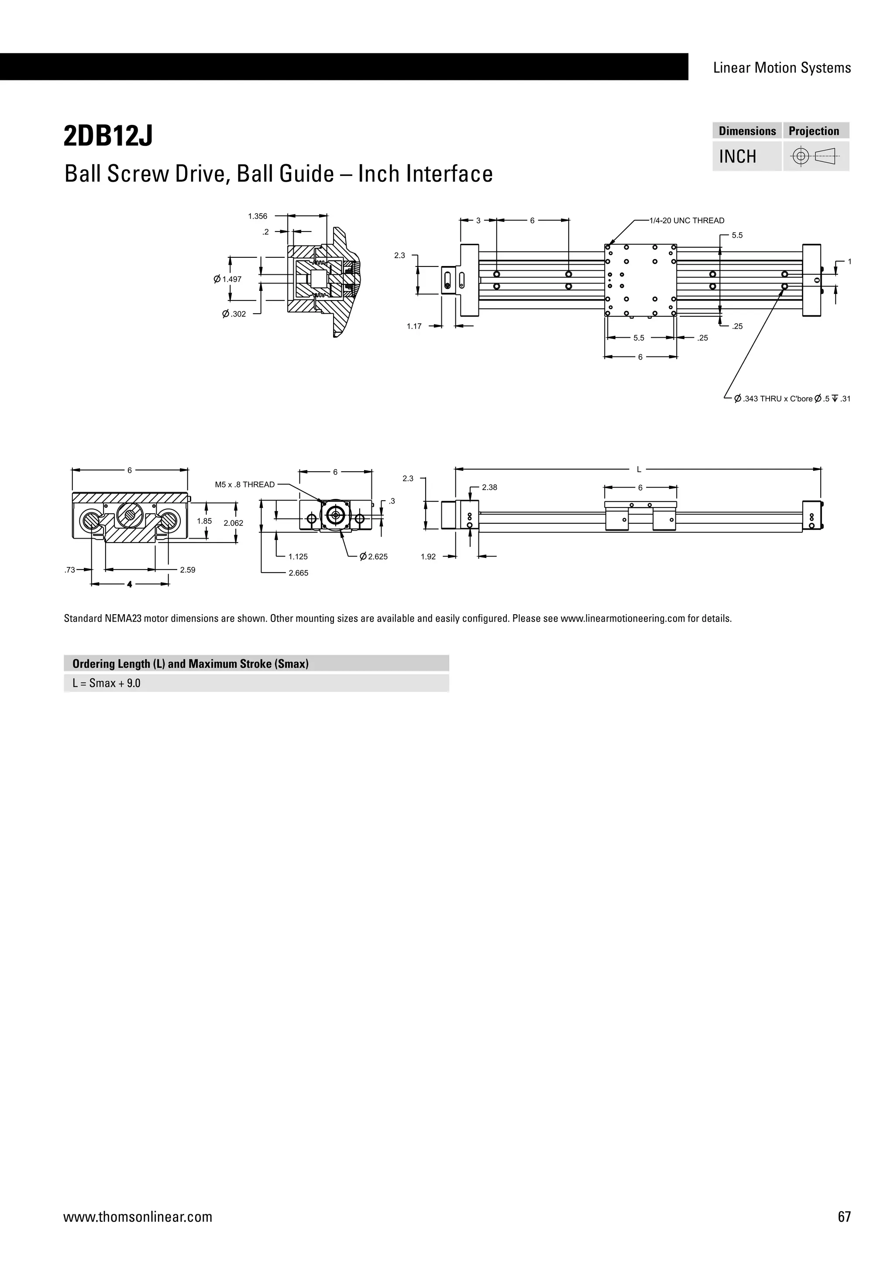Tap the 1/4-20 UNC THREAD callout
(687, 221)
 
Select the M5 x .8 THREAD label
(244, 484)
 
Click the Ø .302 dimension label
(234, 314)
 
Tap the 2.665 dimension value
(299, 573)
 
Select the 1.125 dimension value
(298, 556)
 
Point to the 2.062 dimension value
(233, 523)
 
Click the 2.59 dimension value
(188, 570)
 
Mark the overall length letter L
(639, 470)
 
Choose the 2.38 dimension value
(489, 487)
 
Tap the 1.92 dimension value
(428, 556)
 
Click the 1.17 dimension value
(414, 326)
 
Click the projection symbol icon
(815, 156)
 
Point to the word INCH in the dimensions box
(738, 156)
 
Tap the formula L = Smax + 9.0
(106, 683)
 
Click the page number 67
(844, 1217)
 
